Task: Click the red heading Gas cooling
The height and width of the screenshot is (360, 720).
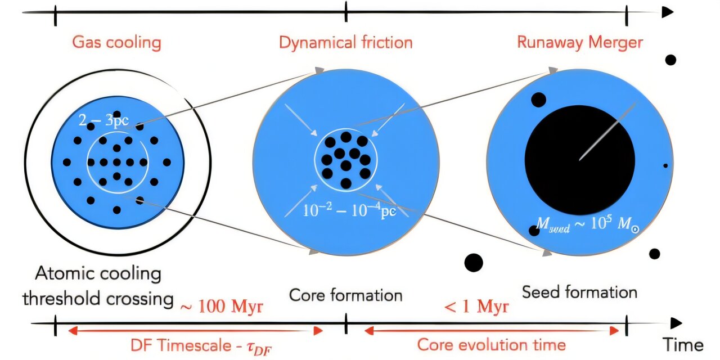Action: coord(116,43)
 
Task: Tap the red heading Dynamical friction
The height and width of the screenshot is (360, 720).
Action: coord(345,43)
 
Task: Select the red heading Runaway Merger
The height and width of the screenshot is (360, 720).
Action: coord(579,43)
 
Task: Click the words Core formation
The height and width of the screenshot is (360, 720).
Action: coord(345,295)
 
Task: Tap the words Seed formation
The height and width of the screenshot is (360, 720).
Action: coord(579,292)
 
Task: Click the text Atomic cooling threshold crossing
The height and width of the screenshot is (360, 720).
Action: coord(98,287)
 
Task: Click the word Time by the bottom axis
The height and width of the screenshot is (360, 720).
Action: coord(682,344)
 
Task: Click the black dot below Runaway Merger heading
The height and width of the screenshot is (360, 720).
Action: coord(670,60)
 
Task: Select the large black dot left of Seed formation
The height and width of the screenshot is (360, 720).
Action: coord(474,262)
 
